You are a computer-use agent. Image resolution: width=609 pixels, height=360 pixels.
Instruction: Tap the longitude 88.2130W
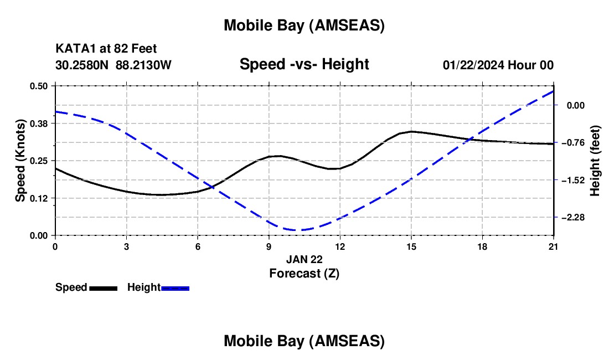(144, 65)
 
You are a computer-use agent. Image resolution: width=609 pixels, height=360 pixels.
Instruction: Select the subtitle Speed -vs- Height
(304, 64)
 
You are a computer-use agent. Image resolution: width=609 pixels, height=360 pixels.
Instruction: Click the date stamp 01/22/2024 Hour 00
(498, 65)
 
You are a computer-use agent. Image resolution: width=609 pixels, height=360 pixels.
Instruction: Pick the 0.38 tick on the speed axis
(39, 123)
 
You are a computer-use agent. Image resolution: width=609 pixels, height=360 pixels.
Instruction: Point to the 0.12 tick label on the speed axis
(39, 198)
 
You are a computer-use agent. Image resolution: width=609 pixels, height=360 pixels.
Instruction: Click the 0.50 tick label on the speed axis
(39, 86)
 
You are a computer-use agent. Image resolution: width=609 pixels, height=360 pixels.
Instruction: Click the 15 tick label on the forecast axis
(411, 246)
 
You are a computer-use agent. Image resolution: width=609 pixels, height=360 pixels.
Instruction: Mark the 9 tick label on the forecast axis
(269, 246)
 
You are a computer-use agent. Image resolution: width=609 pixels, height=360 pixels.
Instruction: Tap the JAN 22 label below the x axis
(304, 259)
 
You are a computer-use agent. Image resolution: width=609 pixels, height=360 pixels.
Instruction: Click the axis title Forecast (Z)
(304, 273)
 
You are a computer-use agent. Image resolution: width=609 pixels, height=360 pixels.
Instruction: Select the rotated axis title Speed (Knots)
(20, 161)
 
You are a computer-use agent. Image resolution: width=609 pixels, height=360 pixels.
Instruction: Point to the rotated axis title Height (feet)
(595, 161)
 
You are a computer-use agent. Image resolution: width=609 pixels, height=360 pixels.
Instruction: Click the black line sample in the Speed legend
(103, 288)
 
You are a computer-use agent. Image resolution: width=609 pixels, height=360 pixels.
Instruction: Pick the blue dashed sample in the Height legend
(175, 288)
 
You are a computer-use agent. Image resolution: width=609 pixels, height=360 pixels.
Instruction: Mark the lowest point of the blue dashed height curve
(297, 230)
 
